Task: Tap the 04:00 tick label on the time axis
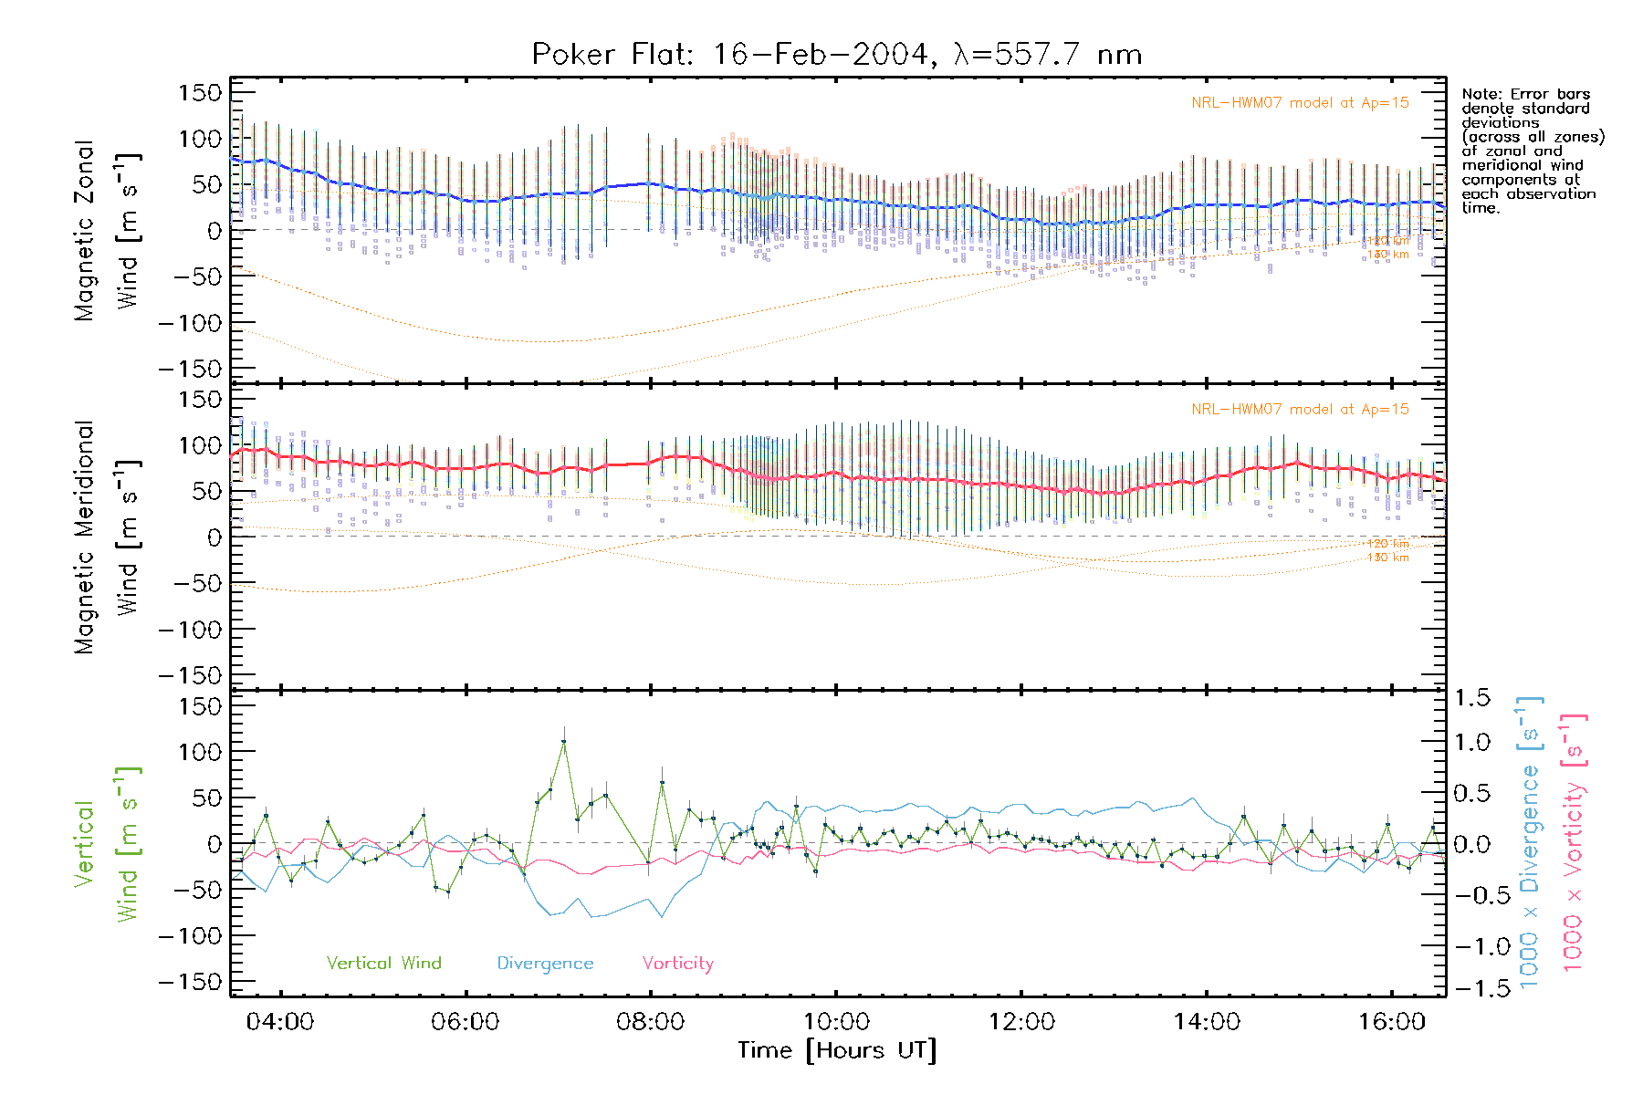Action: tap(280, 1021)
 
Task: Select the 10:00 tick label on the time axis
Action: tap(835, 1021)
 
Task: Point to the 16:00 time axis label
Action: tap(1391, 1021)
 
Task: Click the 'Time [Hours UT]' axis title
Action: tap(837, 1050)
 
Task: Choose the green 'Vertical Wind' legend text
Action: tap(383, 963)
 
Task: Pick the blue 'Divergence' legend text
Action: tap(545, 964)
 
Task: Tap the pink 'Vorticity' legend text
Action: tap(677, 963)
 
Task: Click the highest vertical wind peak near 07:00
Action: tap(564, 742)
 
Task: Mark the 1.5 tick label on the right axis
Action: tap(1471, 698)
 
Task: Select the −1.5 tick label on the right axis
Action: tap(1471, 988)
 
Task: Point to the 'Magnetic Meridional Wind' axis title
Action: tap(107, 537)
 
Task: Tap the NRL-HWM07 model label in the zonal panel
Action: tap(1300, 103)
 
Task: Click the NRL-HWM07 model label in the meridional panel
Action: tap(1300, 410)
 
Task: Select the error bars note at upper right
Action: tap(1532, 151)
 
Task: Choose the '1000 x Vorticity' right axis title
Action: tap(1573, 841)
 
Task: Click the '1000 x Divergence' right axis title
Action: tap(1530, 841)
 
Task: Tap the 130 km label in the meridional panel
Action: tap(1387, 558)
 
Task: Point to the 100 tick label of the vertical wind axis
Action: tap(201, 752)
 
